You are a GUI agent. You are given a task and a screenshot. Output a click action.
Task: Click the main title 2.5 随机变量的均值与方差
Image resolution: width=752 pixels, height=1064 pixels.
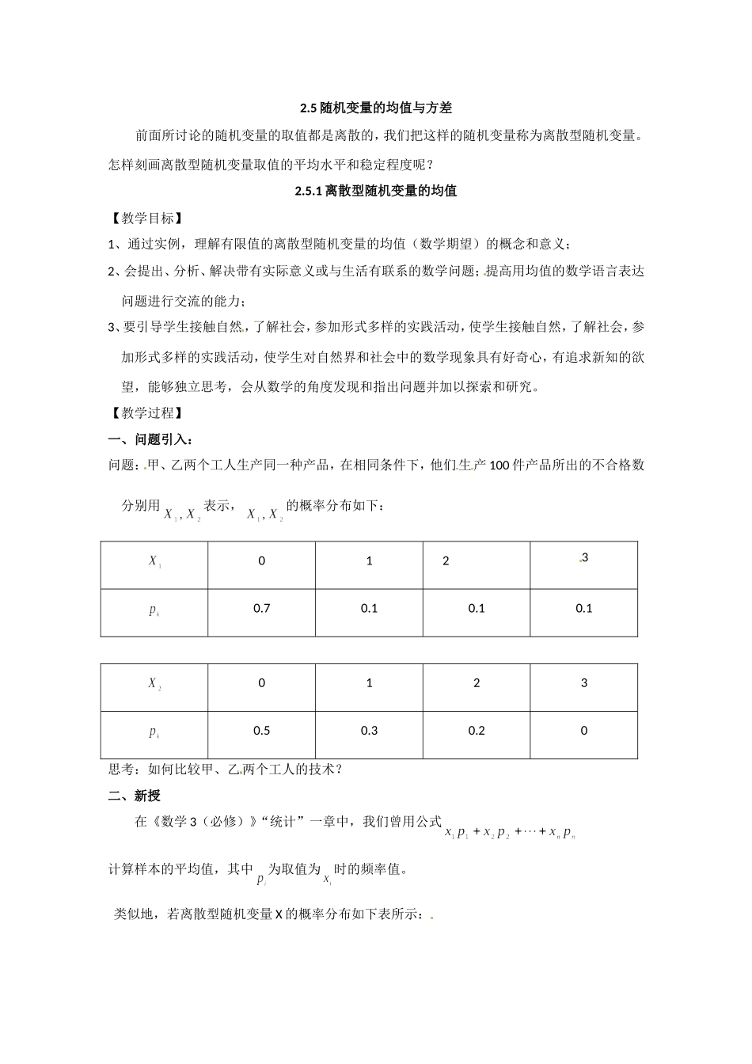tap(375, 108)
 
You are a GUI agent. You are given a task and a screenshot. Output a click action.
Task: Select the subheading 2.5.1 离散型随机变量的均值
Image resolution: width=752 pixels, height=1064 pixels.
tap(375, 191)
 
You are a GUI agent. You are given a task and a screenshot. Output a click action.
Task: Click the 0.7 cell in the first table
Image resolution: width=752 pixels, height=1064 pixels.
tap(262, 608)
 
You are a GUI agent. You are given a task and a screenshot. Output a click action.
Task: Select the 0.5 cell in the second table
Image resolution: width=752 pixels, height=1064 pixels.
tap(262, 731)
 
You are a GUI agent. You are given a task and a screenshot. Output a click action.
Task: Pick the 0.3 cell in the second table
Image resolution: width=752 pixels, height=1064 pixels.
tap(369, 731)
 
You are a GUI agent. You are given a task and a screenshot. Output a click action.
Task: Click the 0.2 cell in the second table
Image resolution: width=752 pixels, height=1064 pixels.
tap(477, 731)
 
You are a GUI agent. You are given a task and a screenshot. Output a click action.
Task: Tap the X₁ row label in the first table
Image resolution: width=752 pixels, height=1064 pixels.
tap(155, 561)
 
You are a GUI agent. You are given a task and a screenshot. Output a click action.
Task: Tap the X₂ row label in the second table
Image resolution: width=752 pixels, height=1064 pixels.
tap(155, 683)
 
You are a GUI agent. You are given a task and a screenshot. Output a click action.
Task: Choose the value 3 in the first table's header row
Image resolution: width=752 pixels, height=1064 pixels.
tap(584, 558)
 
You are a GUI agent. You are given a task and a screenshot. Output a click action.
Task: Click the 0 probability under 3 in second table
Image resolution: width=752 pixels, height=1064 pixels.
tap(584, 731)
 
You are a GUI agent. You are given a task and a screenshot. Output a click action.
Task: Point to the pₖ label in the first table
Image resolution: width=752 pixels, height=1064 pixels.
tap(155, 610)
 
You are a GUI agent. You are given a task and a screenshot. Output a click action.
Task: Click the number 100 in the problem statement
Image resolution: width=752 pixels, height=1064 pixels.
tap(500, 465)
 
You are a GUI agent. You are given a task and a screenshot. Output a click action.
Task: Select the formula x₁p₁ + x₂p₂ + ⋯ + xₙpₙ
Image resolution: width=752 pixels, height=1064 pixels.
tap(511, 833)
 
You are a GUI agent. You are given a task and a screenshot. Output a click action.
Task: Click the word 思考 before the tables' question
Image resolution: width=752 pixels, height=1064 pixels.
tap(121, 769)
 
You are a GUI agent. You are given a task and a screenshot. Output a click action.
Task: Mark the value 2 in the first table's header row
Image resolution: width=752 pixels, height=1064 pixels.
tap(446, 561)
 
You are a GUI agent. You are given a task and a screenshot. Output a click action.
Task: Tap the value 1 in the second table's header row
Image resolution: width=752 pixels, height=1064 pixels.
tap(369, 683)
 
